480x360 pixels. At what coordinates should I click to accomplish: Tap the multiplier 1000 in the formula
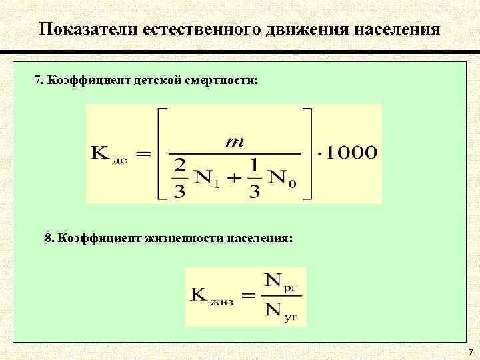click(x=351, y=153)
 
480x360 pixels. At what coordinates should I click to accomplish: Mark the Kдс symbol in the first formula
click(x=107, y=154)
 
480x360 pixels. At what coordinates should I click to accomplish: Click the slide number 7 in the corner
click(x=471, y=351)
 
